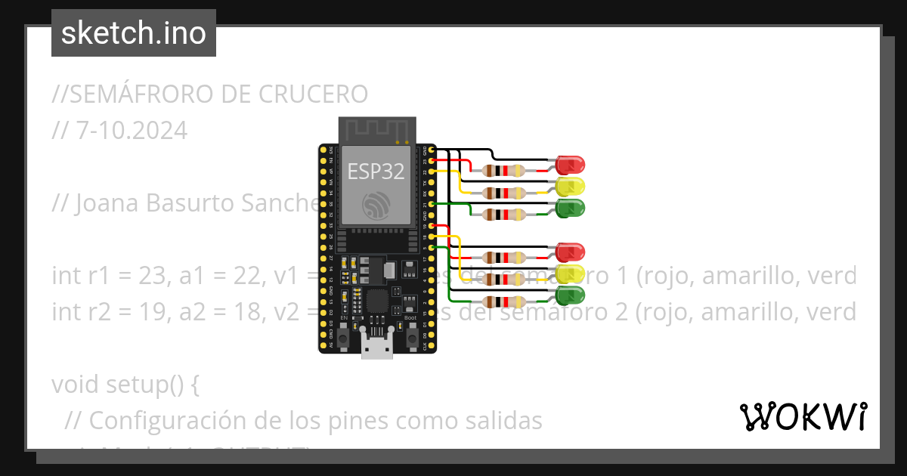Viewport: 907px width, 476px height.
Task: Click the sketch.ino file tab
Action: [134, 33]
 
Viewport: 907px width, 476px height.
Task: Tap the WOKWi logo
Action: [803, 416]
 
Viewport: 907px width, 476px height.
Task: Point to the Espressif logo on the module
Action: [376, 206]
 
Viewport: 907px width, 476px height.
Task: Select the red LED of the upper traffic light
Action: [570, 164]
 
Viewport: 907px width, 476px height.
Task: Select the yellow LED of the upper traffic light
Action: [570, 186]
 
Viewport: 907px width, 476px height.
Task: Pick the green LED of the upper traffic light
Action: [570, 208]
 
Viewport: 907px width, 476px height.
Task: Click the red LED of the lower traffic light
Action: [570, 252]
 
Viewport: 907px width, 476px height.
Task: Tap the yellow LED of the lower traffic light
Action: [570, 274]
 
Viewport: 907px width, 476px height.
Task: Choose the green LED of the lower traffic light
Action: [570, 295]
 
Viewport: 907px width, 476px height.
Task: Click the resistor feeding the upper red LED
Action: [504, 171]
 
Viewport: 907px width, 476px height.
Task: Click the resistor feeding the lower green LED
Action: [504, 302]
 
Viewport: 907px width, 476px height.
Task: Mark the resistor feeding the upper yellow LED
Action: [504, 193]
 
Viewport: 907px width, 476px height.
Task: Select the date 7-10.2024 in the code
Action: [132, 131]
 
